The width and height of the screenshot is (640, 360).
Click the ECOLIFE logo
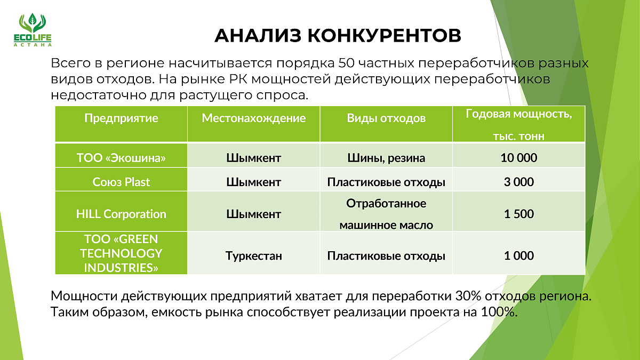click(33, 30)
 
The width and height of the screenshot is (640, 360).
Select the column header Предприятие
click(121, 118)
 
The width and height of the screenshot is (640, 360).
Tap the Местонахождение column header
click(254, 118)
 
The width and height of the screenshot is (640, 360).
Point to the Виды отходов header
click(386, 118)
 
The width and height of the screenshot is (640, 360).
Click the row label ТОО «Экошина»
click(121, 158)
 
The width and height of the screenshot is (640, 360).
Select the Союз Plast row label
click(121, 182)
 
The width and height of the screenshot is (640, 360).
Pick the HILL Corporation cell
click(121, 214)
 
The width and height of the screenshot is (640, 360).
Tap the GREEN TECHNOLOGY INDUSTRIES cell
click(121, 253)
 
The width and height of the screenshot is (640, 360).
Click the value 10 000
click(519, 158)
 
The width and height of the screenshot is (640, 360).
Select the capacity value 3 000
click(519, 182)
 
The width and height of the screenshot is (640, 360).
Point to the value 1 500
click(519, 214)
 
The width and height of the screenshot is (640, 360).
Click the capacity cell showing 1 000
click(519, 255)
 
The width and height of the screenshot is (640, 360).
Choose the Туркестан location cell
click(254, 255)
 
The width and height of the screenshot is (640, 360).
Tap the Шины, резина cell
click(386, 158)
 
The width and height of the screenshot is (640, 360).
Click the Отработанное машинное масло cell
click(386, 214)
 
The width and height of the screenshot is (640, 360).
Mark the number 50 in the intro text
click(346, 63)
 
